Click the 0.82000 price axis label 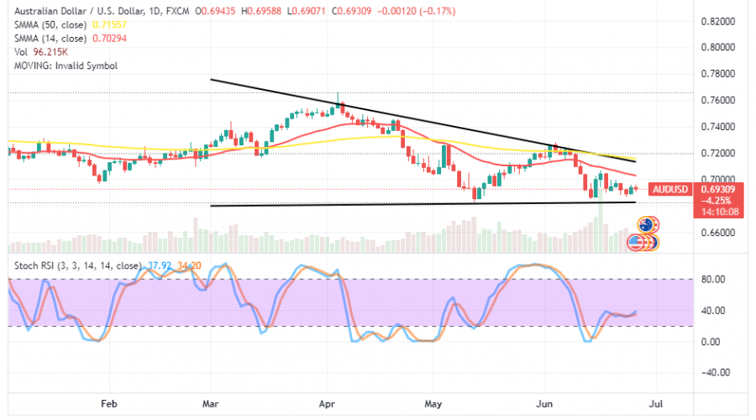[719, 20]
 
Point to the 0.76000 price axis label [719, 100]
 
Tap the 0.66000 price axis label [719, 233]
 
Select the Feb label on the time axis [109, 403]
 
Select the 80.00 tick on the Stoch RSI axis [712, 280]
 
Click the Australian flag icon [647, 225]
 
